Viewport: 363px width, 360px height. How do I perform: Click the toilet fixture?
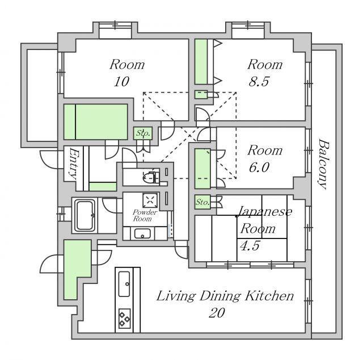(151, 177)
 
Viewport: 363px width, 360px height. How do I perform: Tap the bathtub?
(85, 215)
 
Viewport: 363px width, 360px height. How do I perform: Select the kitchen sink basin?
(124, 284)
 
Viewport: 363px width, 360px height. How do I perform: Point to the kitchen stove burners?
(124, 319)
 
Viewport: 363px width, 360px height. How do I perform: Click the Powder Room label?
(145, 215)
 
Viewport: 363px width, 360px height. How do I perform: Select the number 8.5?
(259, 81)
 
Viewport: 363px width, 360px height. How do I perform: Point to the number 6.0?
(259, 167)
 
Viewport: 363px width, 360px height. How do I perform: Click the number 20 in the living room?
(217, 313)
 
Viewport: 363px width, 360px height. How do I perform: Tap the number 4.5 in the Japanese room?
(250, 246)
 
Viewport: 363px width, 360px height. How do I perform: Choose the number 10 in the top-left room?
(121, 82)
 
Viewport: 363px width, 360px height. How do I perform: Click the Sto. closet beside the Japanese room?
(202, 202)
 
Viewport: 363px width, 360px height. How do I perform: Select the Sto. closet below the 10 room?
(143, 133)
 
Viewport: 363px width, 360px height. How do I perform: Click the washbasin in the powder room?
(142, 234)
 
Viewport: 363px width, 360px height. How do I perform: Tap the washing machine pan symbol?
(150, 200)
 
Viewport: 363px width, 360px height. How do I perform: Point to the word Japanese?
(265, 211)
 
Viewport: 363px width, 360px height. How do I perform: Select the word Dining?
(219, 297)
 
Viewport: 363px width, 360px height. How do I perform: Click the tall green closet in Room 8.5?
(201, 62)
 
